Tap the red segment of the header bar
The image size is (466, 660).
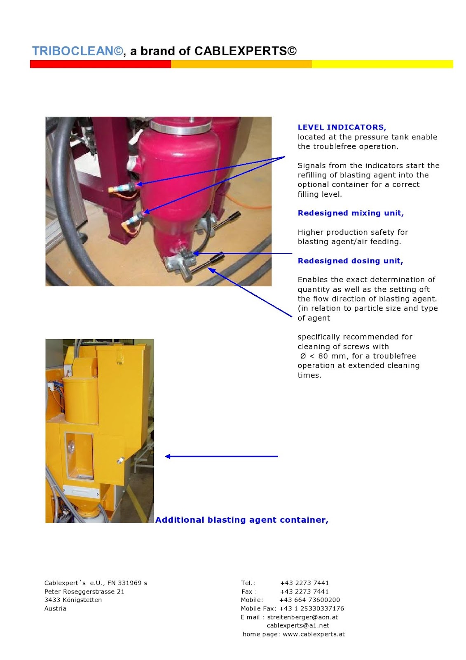point(100,64)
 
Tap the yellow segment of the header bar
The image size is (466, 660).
point(382,64)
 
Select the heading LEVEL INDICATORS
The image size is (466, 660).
point(342,127)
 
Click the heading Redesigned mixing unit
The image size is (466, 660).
point(350,213)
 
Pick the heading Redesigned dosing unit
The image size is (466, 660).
point(350,261)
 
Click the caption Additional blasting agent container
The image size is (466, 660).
point(241,520)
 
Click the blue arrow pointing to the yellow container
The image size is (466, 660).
point(221,456)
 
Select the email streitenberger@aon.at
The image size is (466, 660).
point(302,618)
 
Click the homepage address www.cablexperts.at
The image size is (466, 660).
point(314,634)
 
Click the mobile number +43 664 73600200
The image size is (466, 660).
point(309,600)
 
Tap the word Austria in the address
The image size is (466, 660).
point(55,609)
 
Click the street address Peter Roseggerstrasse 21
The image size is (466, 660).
point(84,592)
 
